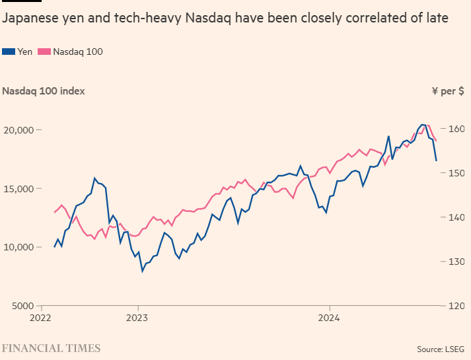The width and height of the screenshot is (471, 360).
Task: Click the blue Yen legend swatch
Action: [x=9, y=52]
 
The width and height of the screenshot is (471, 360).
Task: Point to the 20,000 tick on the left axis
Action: [x=19, y=130]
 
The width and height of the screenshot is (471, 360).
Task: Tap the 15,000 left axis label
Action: [x=19, y=189]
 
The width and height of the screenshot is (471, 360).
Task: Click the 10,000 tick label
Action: [x=19, y=248]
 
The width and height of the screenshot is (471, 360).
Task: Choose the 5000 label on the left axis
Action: [x=22, y=306]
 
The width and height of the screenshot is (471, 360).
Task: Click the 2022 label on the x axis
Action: [x=40, y=318]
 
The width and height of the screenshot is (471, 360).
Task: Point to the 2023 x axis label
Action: [x=137, y=318]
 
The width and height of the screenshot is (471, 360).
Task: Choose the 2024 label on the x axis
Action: [x=329, y=318]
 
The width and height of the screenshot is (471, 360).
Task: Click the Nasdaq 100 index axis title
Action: [x=44, y=91]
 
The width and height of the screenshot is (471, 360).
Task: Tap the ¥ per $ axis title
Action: [x=448, y=91]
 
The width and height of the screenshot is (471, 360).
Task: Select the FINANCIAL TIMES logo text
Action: [x=51, y=348]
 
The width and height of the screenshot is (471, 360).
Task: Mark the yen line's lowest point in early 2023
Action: [x=142, y=271]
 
